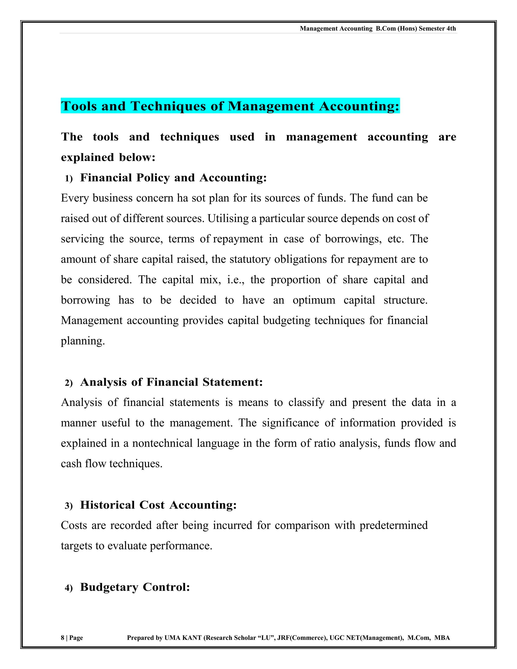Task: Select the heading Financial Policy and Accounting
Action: [x=173, y=178]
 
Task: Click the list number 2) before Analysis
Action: [x=69, y=383]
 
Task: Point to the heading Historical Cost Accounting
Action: [x=158, y=505]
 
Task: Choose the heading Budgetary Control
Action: [x=135, y=587]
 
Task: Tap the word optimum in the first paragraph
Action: [x=314, y=300]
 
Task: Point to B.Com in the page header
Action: [x=386, y=29]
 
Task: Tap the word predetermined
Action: [x=393, y=525]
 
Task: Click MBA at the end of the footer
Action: [x=442, y=637]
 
